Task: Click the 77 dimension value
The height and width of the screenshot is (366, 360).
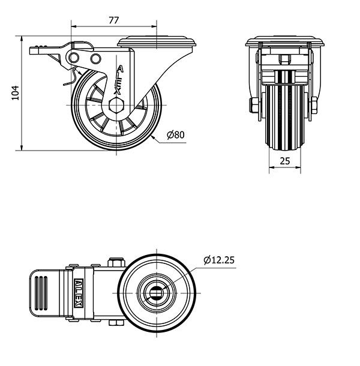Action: point(114,19)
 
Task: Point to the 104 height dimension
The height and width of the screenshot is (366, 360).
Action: point(16,92)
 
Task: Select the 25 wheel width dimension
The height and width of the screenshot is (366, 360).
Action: point(284,161)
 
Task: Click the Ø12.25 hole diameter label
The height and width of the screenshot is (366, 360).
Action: point(218,260)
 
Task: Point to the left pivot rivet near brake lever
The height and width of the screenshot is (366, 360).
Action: point(75,57)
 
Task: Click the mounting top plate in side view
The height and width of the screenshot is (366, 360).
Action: point(157,42)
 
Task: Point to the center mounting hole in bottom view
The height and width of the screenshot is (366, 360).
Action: point(155,292)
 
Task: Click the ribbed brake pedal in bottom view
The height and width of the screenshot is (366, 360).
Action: point(44,292)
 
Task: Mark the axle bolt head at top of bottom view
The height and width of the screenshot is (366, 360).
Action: point(116,262)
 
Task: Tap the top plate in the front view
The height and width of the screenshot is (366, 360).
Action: point(286,43)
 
